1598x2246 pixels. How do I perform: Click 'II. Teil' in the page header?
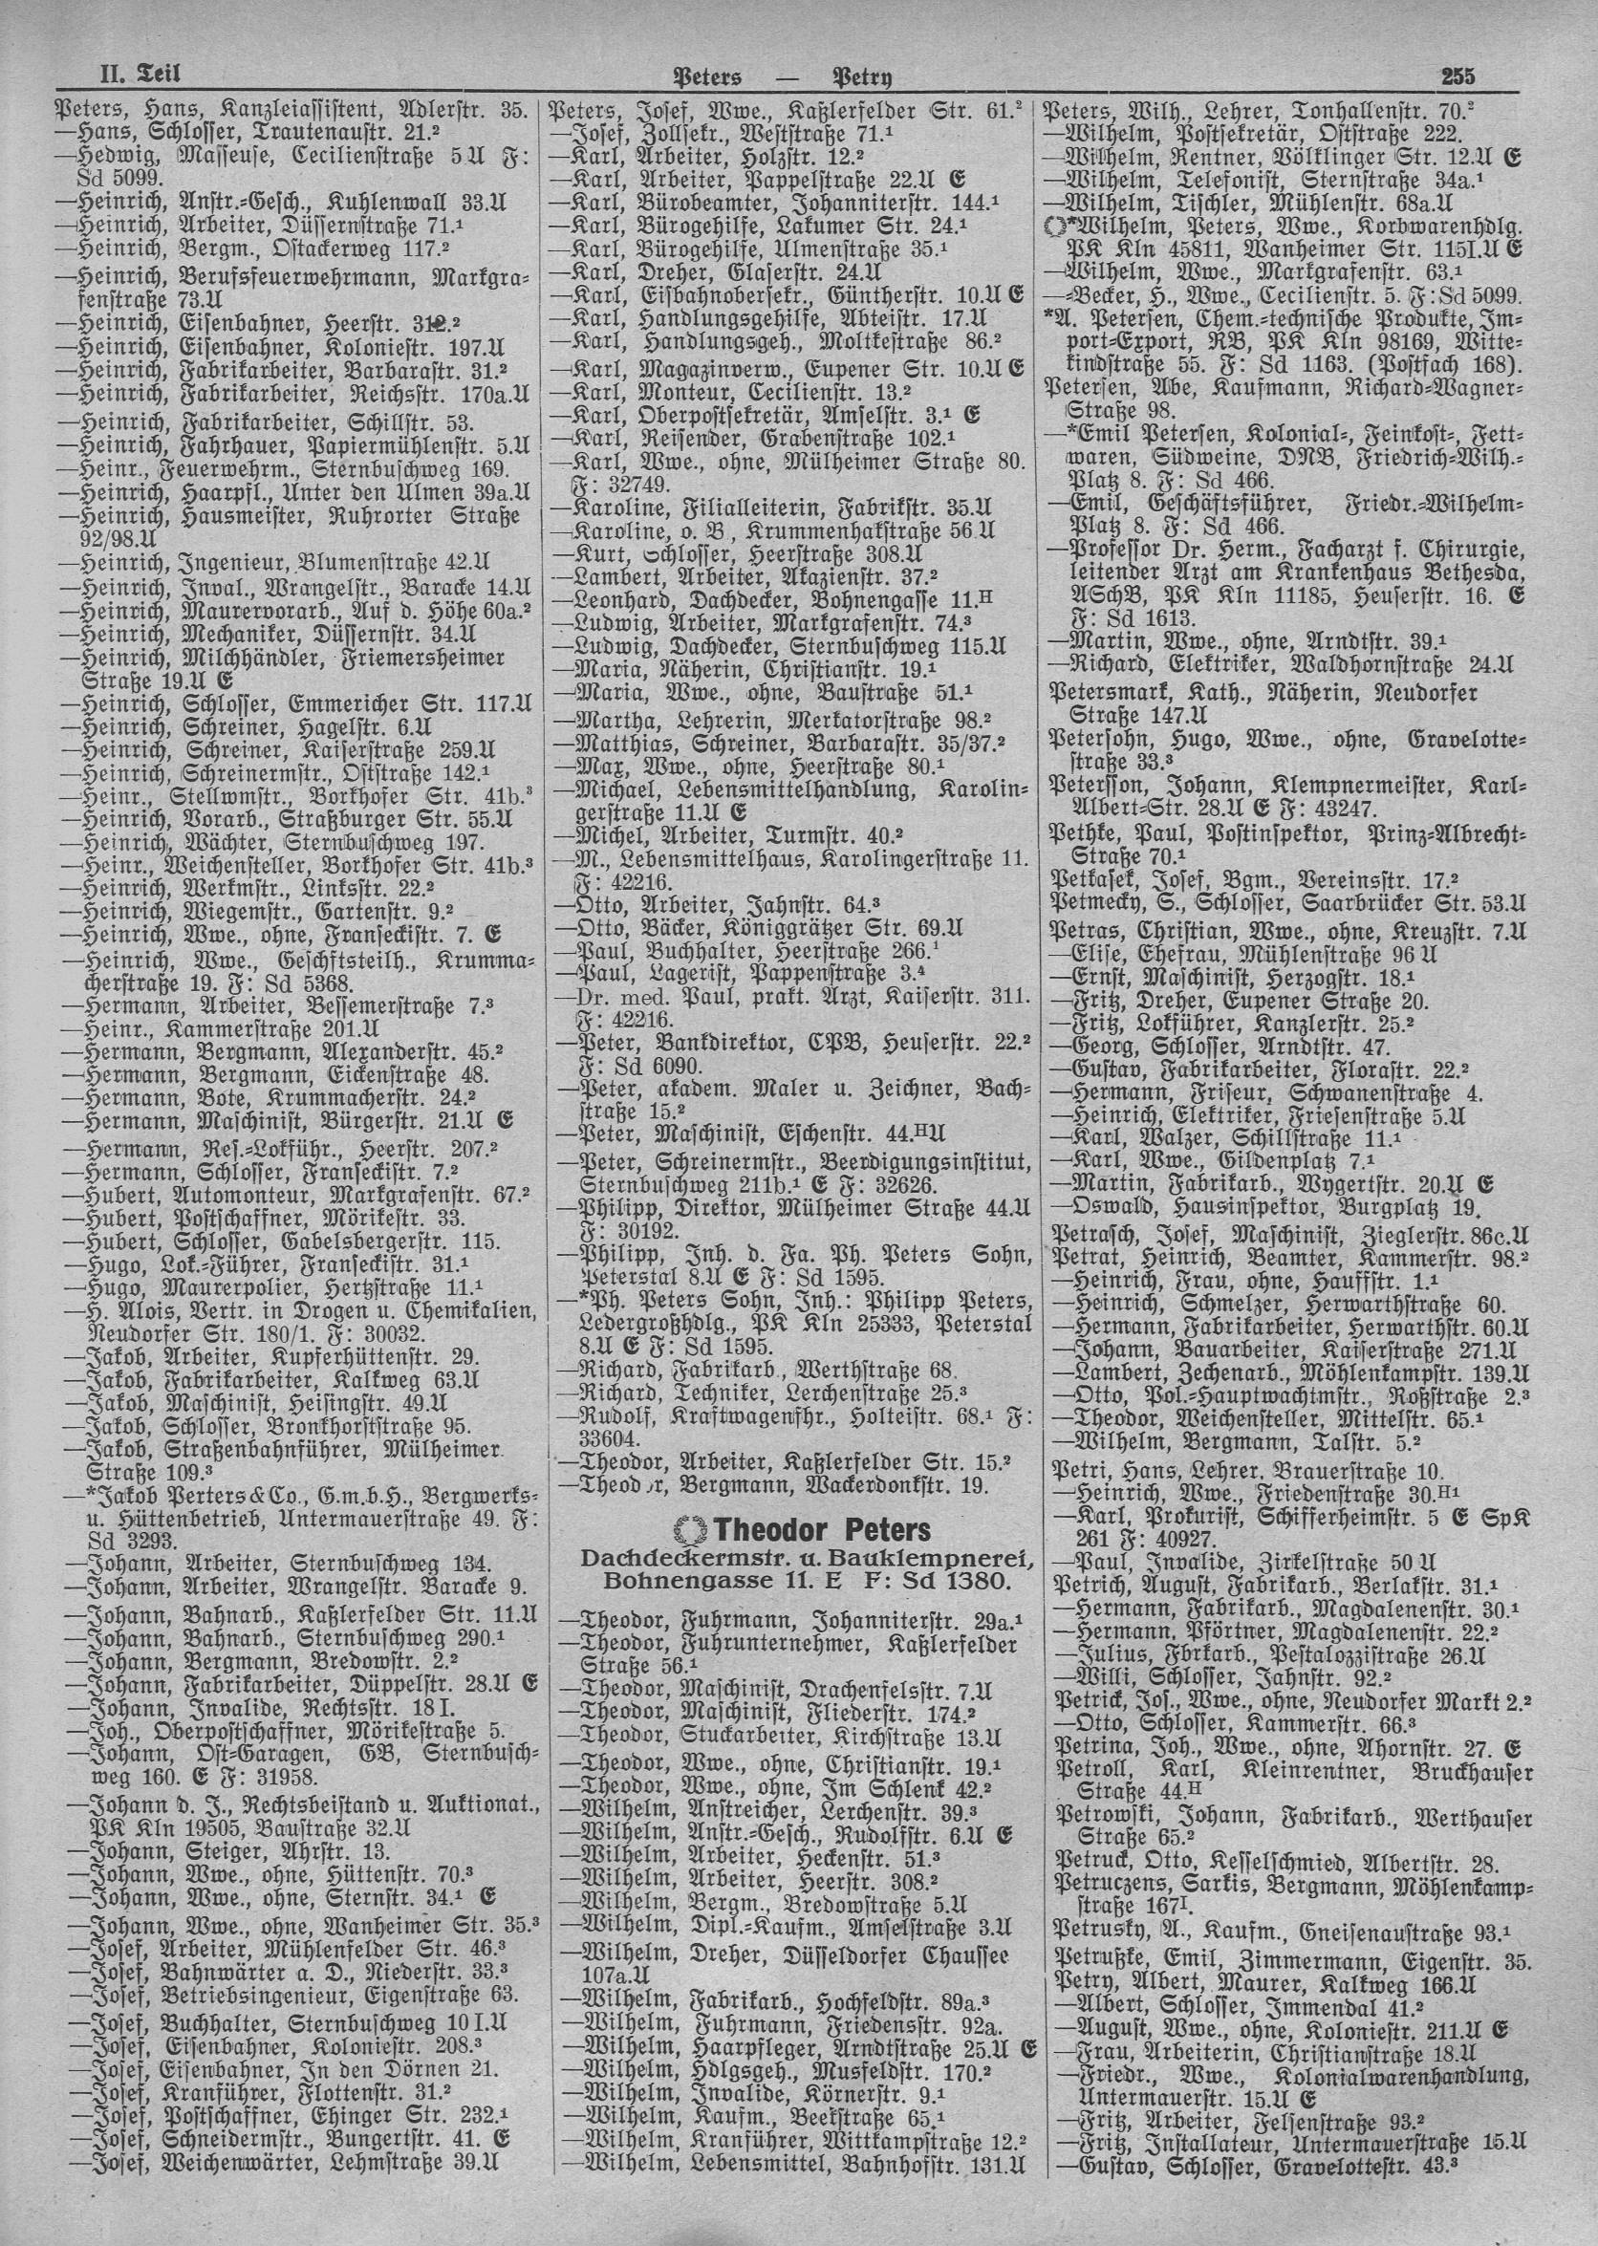point(140,74)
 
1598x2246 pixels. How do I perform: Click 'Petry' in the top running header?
point(869,76)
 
